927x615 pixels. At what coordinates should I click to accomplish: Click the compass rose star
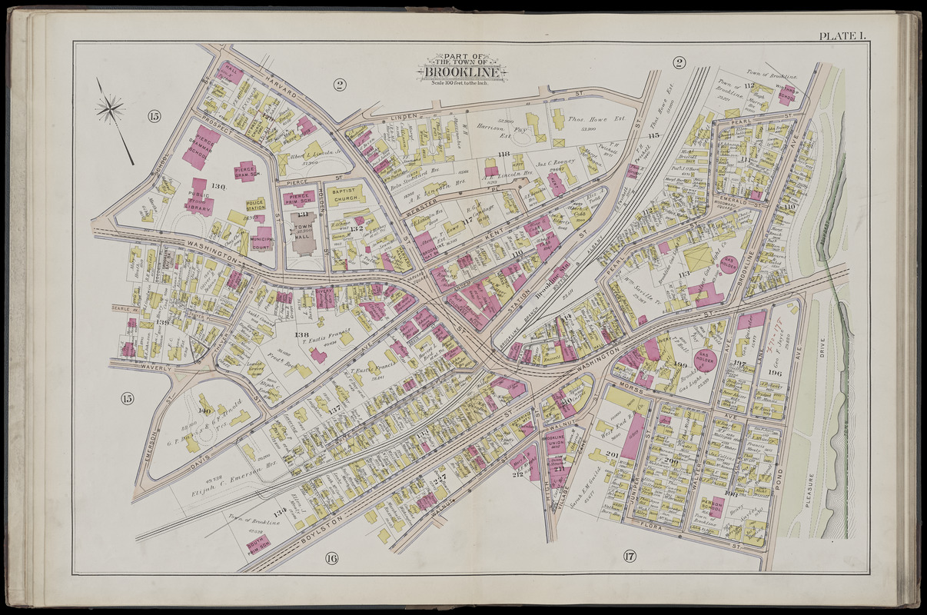(111, 108)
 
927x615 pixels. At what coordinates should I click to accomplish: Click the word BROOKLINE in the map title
(462, 73)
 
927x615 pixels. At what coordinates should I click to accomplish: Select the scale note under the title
(462, 83)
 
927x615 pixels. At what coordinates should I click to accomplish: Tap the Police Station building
(255, 204)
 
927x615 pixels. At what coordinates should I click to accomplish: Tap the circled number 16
(331, 557)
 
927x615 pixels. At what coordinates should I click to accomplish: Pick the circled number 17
(630, 556)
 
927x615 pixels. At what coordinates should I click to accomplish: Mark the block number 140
(204, 411)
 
